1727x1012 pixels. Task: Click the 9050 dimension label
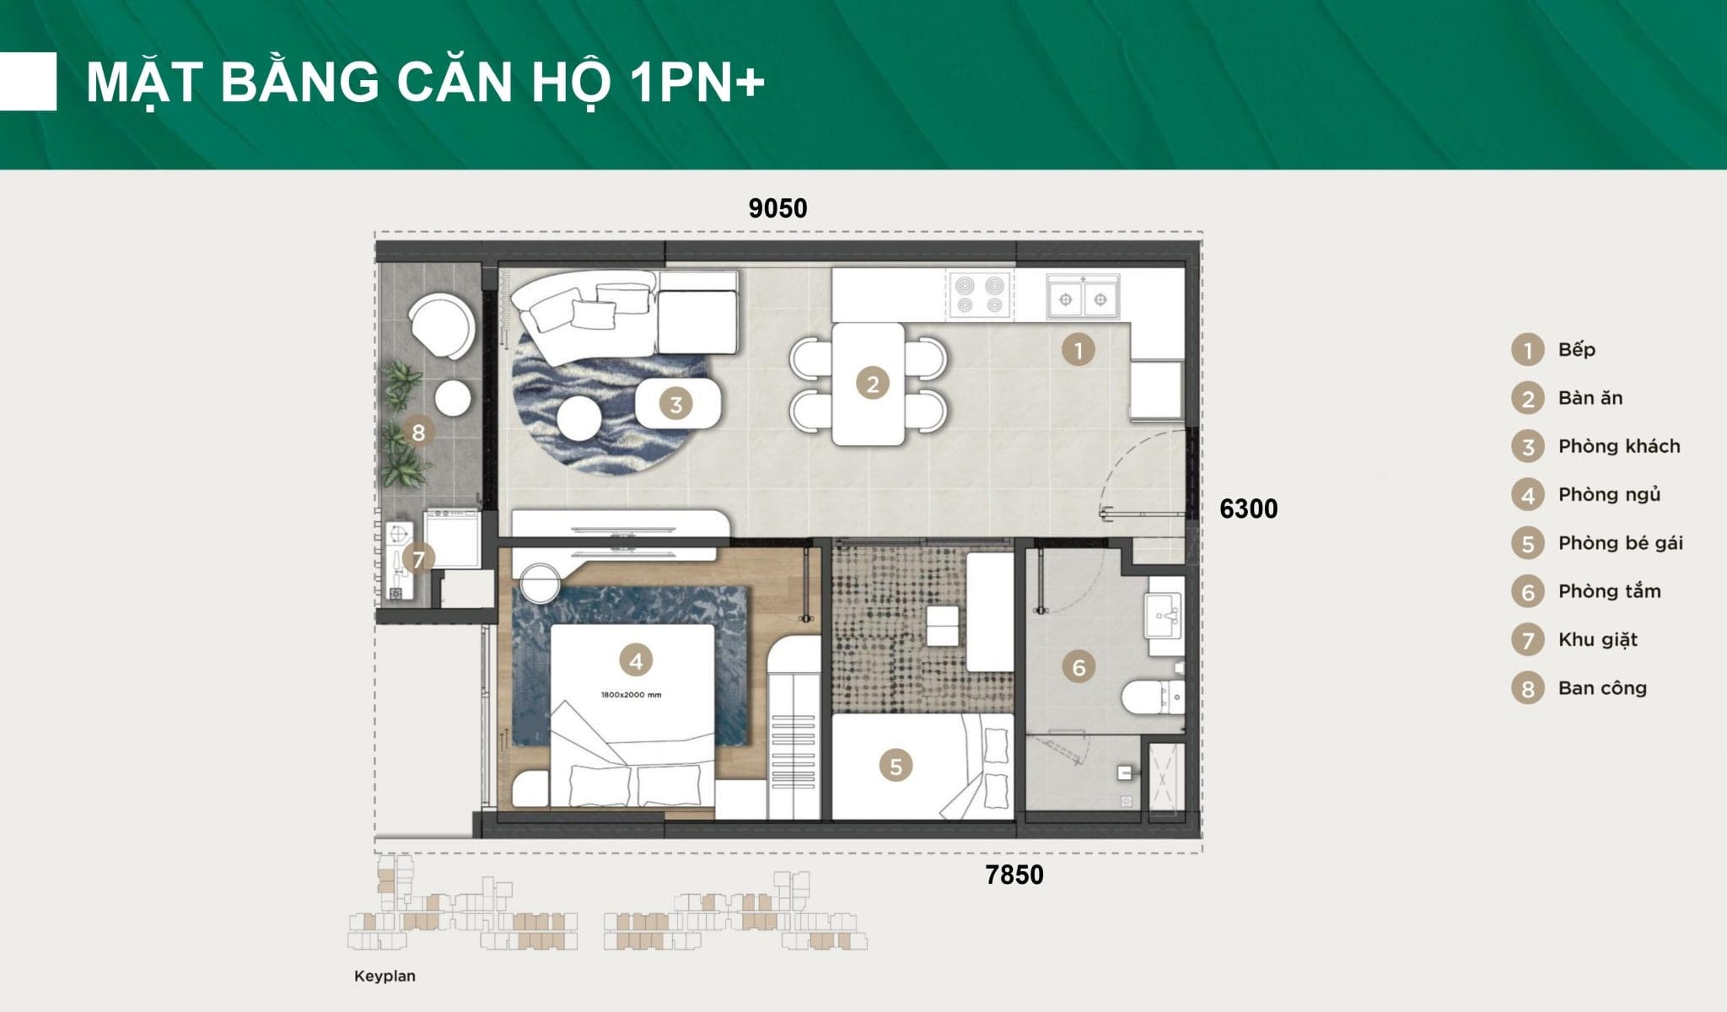pos(777,208)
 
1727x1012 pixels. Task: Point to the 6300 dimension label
pos(1249,509)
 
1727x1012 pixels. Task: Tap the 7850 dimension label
pos(1014,875)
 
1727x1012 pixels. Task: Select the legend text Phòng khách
pos(1619,446)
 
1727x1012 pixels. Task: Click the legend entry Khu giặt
pos(1598,639)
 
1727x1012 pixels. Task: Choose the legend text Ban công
pos(1602,688)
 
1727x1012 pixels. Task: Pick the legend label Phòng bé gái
pos(1621,543)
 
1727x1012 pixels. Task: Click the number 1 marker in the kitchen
pos(1078,349)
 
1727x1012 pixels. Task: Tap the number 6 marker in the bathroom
pos(1079,668)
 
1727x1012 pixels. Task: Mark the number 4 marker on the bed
pos(636,660)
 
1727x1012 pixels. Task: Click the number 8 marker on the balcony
pos(418,433)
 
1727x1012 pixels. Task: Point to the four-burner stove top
pos(980,295)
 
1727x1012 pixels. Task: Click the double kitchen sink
pos(1083,297)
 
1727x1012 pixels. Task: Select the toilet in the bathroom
pos(1153,696)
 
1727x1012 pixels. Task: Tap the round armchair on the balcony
pos(441,324)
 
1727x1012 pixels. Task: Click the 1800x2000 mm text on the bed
pos(631,695)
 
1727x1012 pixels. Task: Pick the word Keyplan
pos(385,977)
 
